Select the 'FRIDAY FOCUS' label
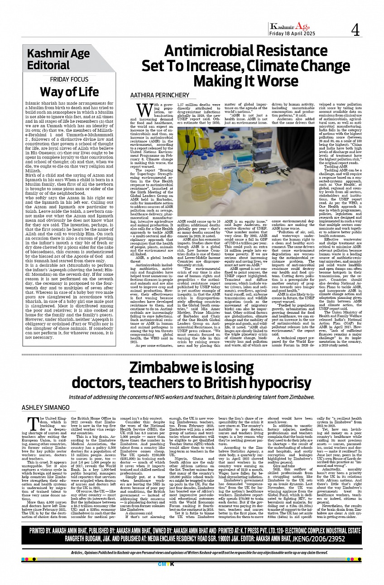69,80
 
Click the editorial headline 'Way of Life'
69,91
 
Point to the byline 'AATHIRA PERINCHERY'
160,96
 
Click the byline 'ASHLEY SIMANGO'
46,408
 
